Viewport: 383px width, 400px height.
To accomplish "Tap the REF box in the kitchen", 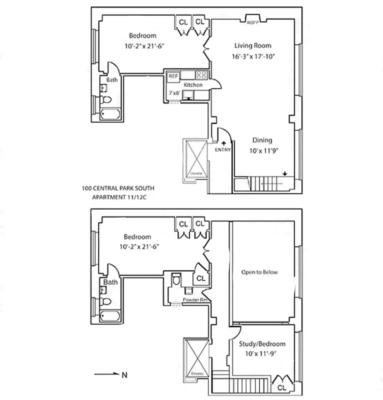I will [173, 76].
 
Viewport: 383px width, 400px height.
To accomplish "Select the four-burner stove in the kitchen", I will [201, 75].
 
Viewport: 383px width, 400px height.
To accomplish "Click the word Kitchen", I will [193, 85].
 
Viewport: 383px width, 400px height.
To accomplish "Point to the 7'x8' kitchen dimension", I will [174, 93].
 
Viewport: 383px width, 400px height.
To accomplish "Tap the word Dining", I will [261, 140].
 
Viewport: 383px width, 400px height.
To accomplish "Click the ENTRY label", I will [222, 150].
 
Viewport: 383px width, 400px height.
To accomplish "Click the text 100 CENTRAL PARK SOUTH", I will [118, 188].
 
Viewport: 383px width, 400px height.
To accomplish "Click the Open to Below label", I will [259, 272].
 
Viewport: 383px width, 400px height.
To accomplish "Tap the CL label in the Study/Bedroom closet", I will [281, 386].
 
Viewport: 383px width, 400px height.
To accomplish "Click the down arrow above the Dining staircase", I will [284, 174].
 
